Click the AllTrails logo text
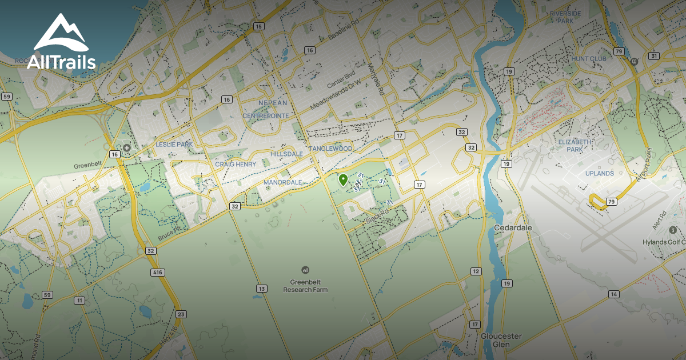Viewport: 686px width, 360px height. [61, 62]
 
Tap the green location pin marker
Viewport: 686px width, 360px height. [343, 180]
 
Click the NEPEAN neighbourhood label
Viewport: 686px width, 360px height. [272, 103]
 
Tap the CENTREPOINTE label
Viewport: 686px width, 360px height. [265, 115]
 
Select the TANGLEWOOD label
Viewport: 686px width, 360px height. [330, 149]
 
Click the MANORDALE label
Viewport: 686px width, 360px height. [282, 182]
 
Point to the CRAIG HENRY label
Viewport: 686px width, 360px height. [236, 165]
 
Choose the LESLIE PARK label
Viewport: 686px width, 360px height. [174, 145]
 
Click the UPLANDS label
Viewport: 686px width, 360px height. [599, 173]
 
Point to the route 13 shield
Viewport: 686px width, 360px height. [261, 289]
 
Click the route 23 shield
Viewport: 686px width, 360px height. [181, 314]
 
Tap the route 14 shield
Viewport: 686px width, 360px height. [614, 294]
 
